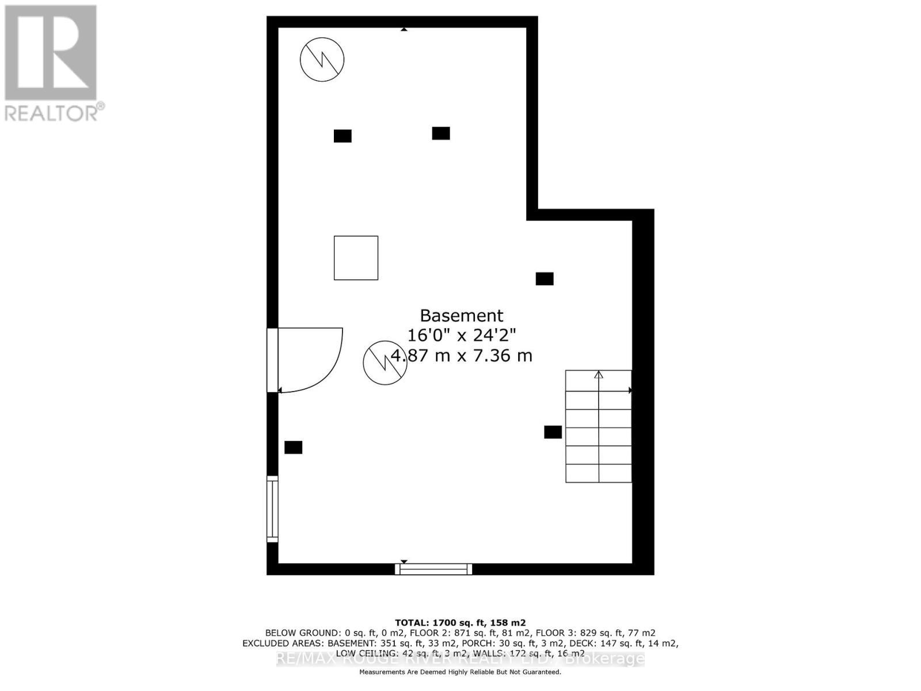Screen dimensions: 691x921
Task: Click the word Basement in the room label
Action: (461, 316)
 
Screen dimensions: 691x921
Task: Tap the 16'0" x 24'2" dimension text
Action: (461, 335)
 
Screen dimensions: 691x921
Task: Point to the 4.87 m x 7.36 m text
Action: (462, 356)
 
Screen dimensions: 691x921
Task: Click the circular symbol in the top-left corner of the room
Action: (322, 59)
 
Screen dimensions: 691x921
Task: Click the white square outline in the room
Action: (356, 258)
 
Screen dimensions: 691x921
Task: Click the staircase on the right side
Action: (599, 426)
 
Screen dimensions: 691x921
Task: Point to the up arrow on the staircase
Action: (599, 375)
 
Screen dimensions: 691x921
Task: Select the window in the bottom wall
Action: (433, 569)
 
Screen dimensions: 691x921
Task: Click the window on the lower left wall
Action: (272, 509)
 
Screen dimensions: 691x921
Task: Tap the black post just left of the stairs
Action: (553, 432)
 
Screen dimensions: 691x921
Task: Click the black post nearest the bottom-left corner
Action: (293, 447)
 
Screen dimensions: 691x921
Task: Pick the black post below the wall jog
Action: (545, 279)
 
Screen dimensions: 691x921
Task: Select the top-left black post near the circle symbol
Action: (342, 136)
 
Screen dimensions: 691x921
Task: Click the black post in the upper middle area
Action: (441, 133)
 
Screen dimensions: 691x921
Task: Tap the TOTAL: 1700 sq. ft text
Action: (461, 622)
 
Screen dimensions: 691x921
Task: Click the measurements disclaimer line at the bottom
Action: (461, 672)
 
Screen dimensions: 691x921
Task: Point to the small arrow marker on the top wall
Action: (404, 29)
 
